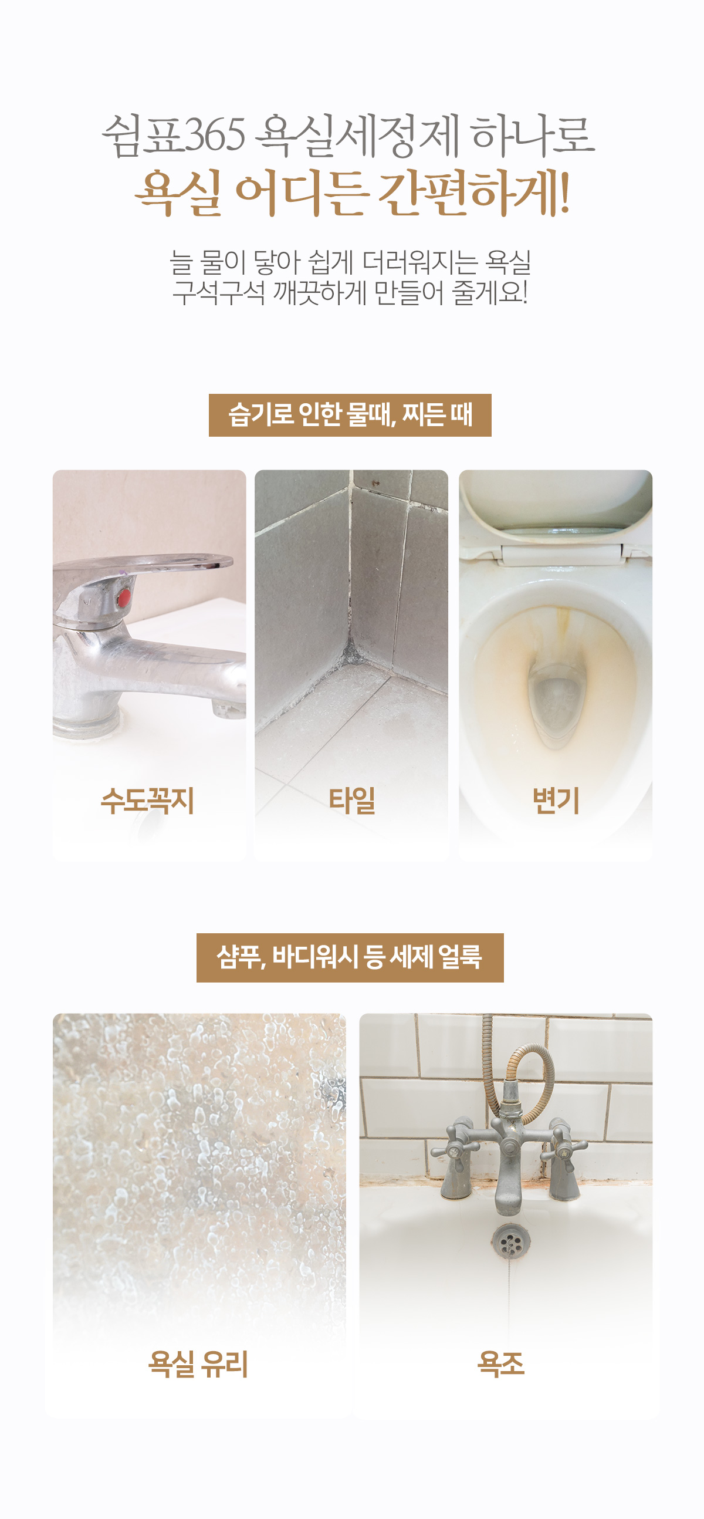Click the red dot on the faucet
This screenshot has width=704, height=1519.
(123, 598)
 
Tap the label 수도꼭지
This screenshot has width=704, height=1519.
(147, 800)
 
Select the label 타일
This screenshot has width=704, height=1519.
(351, 800)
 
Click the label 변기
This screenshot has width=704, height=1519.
(556, 800)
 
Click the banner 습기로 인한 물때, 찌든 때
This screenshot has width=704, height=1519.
(350, 415)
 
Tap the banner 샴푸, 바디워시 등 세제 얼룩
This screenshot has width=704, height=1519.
(350, 958)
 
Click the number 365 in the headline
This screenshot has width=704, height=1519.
(215, 135)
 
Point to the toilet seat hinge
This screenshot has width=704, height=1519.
(561, 554)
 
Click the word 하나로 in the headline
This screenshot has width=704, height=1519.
(533, 135)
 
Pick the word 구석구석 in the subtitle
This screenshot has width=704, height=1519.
(219, 293)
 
